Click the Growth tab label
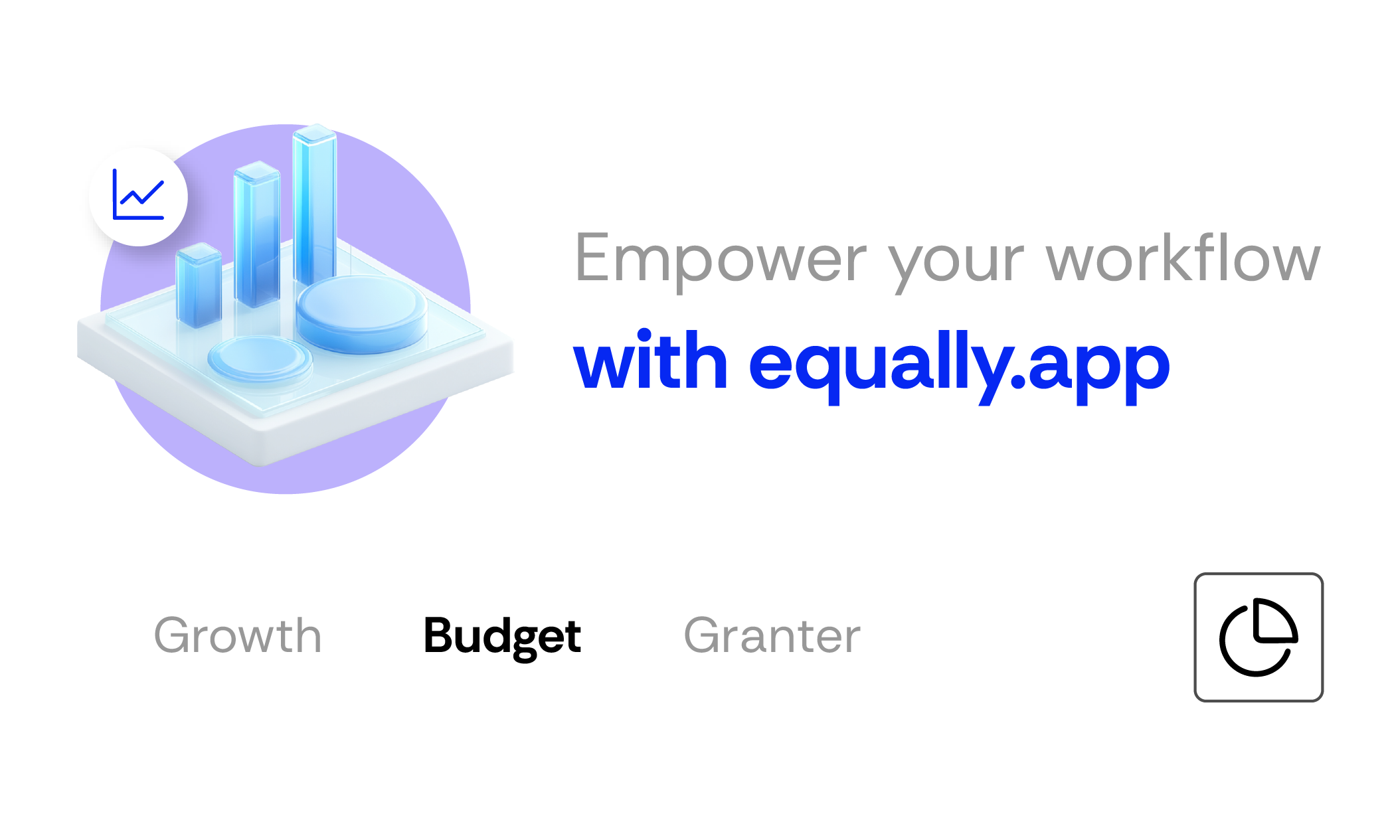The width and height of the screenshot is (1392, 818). pyautogui.click(x=238, y=635)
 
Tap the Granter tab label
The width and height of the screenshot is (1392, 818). pyautogui.click(x=772, y=635)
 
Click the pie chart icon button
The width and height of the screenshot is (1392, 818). pyautogui.click(x=1259, y=637)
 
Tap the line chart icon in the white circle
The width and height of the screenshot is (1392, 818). pyautogui.click(x=138, y=195)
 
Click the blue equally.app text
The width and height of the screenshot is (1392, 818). pyautogui.click(x=959, y=366)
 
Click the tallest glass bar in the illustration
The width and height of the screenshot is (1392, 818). pyautogui.click(x=315, y=206)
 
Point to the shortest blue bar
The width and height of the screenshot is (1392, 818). pyautogui.click(x=199, y=286)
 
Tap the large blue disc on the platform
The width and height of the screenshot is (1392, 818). pyautogui.click(x=362, y=313)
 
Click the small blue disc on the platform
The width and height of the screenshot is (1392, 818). pyautogui.click(x=260, y=359)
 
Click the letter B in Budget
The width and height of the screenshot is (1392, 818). pyautogui.click(x=441, y=635)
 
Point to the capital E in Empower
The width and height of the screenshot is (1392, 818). pyautogui.click(x=593, y=258)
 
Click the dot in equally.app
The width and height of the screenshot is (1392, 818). pyautogui.click(x=1018, y=380)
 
